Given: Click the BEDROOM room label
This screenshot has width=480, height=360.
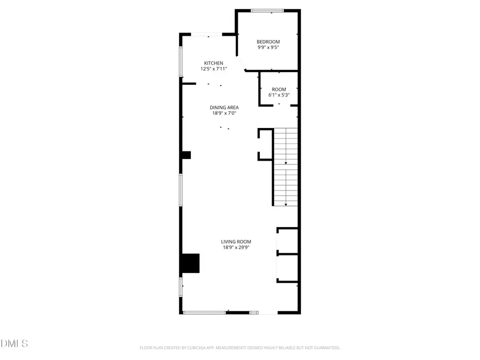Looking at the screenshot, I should [x=268, y=42].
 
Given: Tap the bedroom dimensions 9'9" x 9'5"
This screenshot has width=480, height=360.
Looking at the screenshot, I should [x=268, y=47].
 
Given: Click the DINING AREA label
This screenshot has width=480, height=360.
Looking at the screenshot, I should [x=223, y=107].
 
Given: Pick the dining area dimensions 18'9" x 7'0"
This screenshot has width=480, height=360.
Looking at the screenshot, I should [x=223, y=113].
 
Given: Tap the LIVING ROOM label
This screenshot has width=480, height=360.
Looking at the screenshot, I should [x=236, y=242].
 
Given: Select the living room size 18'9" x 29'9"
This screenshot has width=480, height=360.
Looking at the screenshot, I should [x=236, y=247].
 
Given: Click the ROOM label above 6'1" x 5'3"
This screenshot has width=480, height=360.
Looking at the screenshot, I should [x=279, y=89].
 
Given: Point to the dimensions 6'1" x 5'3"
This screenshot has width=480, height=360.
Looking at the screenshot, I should [x=279, y=95].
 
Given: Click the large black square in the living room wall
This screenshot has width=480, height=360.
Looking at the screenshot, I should [x=189, y=263].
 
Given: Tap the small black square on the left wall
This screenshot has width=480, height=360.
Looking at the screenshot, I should [x=186, y=155].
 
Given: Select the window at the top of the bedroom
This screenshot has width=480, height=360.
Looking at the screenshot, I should [x=268, y=10].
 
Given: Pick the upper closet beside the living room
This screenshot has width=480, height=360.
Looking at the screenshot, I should [x=287, y=241].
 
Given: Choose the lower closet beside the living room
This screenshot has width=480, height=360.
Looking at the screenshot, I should [x=287, y=268].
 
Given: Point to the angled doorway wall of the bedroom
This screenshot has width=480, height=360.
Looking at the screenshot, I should [x=241, y=63].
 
